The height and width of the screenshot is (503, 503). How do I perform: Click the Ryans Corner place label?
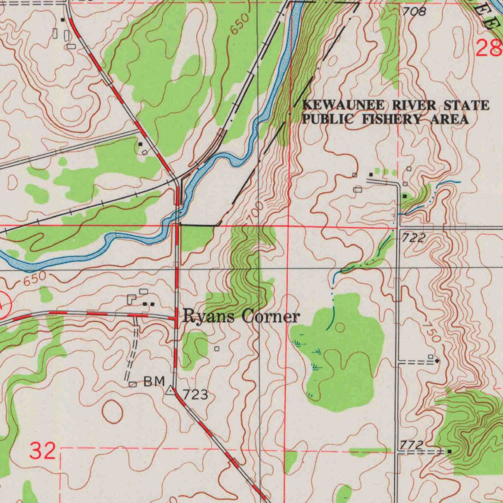[241, 317]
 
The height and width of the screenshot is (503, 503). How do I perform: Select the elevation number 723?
[195, 394]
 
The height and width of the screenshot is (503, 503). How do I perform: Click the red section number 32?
[42, 450]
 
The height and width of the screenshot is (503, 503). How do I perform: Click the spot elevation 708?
[414, 11]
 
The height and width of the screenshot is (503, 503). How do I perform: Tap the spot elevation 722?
[413, 238]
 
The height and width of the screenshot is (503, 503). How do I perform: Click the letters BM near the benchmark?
[154, 382]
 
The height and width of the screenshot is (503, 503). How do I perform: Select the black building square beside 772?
[449, 450]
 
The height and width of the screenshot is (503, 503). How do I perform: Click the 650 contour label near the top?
[241, 25]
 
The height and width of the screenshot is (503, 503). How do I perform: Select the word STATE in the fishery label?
[466, 106]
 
